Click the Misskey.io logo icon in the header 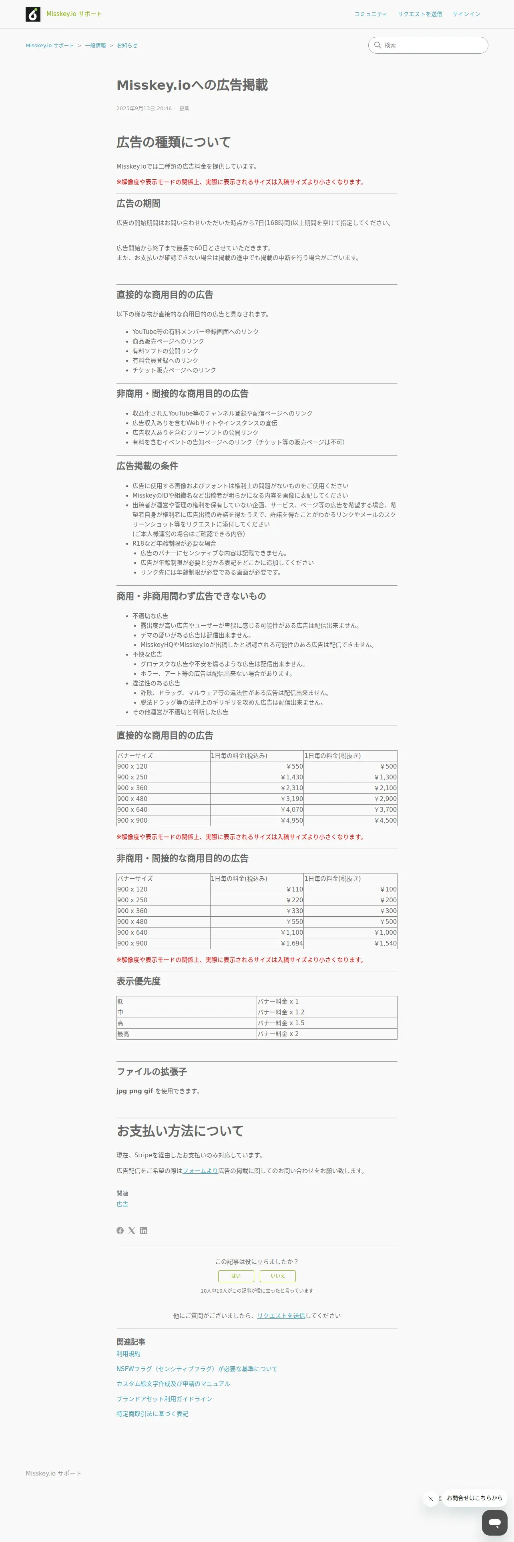click(33, 14)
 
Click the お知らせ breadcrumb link click(127, 46)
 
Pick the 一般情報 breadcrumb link click(95, 46)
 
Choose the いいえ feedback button click(278, 1276)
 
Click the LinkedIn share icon click(144, 1231)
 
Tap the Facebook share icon click(120, 1231)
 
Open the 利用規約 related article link click(128, 1353)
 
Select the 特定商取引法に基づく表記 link click(153, 1414)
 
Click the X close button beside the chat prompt click(430, 1498)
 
